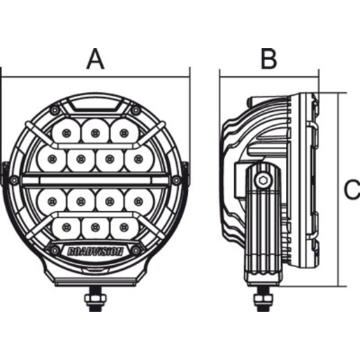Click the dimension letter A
point(96,59)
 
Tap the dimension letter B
point(268,59)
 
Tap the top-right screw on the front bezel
point(135,110)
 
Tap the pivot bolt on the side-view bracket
point(263,180)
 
